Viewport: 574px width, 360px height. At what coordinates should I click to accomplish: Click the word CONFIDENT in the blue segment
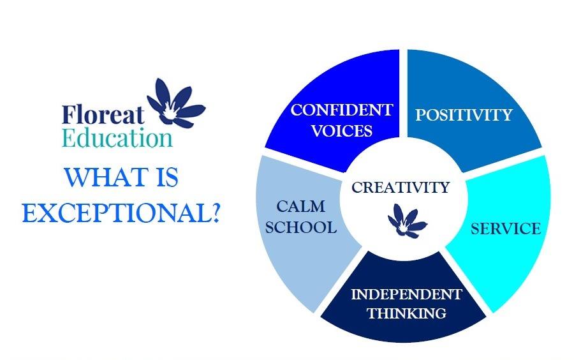pyautogui.click(x=342, y=110)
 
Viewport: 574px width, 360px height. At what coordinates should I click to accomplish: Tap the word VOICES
pyautogui.click(x=342, y=131)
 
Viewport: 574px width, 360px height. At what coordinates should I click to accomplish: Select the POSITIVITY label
pyautogui.click(x=464, y=115)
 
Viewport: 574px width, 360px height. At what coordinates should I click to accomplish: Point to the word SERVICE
pyautogui.click(x=506, y=229)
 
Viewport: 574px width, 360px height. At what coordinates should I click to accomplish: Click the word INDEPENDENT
pyautogui.click(x=406, y=294)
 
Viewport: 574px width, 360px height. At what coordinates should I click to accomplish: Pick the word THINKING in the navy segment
pyautogui.click(x=407, y=313)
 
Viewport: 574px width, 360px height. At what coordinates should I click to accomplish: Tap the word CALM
pyautogui.click(x=300, y=207)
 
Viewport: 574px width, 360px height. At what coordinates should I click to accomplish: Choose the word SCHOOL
pyautogui.click(x=301, y=227)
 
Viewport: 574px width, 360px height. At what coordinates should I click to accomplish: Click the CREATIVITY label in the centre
pyautogui.click(x=401, y=188)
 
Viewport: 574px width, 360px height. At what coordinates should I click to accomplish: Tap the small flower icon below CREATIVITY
pyautogui.click(x=406, y=221)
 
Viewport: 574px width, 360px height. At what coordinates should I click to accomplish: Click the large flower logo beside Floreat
pyautogui.click(x=176, y=104)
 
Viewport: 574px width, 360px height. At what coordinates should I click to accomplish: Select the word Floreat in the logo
pyautogui.click(x=103, y=115)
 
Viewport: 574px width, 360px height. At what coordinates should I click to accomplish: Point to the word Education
pyautogui.click(x=117, y=139)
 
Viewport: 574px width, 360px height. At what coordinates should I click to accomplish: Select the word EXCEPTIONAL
pyautogui.click(x=115, y=213)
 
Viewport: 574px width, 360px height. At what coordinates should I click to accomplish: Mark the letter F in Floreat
pyautogui.click(x=68, y=115)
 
